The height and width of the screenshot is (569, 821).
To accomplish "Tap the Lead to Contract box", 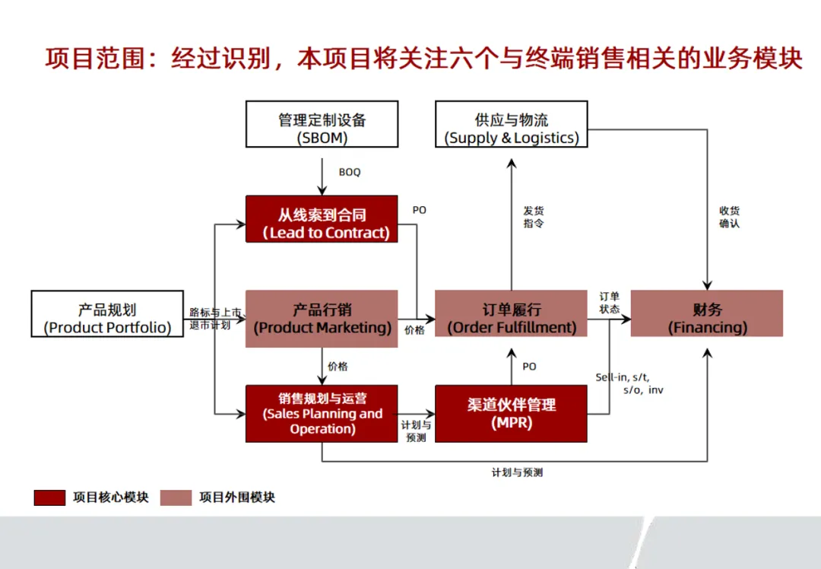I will click(x=322, y=219).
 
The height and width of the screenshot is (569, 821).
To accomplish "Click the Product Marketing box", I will click(x=322, y=319).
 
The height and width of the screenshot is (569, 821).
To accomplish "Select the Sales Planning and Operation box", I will click(x=322, y=413).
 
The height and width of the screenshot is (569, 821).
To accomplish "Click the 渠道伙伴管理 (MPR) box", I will click(x=511, y=413).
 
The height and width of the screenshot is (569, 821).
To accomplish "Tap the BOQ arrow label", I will click(x=350, y=173).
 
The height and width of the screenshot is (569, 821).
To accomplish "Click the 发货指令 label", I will click(x=534, y=217).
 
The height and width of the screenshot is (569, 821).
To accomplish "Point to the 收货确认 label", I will click(x=729, y=217).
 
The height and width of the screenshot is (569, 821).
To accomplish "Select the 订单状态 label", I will click(x=609, y=303).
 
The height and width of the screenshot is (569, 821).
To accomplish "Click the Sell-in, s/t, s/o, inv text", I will click(x=629, y=383).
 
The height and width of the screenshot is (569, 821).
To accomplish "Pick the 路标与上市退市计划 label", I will click(x=215, y=318).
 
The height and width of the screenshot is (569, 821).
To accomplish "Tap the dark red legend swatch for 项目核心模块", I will click(x=49, y=497).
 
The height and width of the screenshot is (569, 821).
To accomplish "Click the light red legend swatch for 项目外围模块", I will click(x=176, y=497).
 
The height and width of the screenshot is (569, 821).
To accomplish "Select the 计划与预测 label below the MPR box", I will click(x=517, y=472).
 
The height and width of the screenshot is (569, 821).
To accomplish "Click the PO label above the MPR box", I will click(x=529, y=367).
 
